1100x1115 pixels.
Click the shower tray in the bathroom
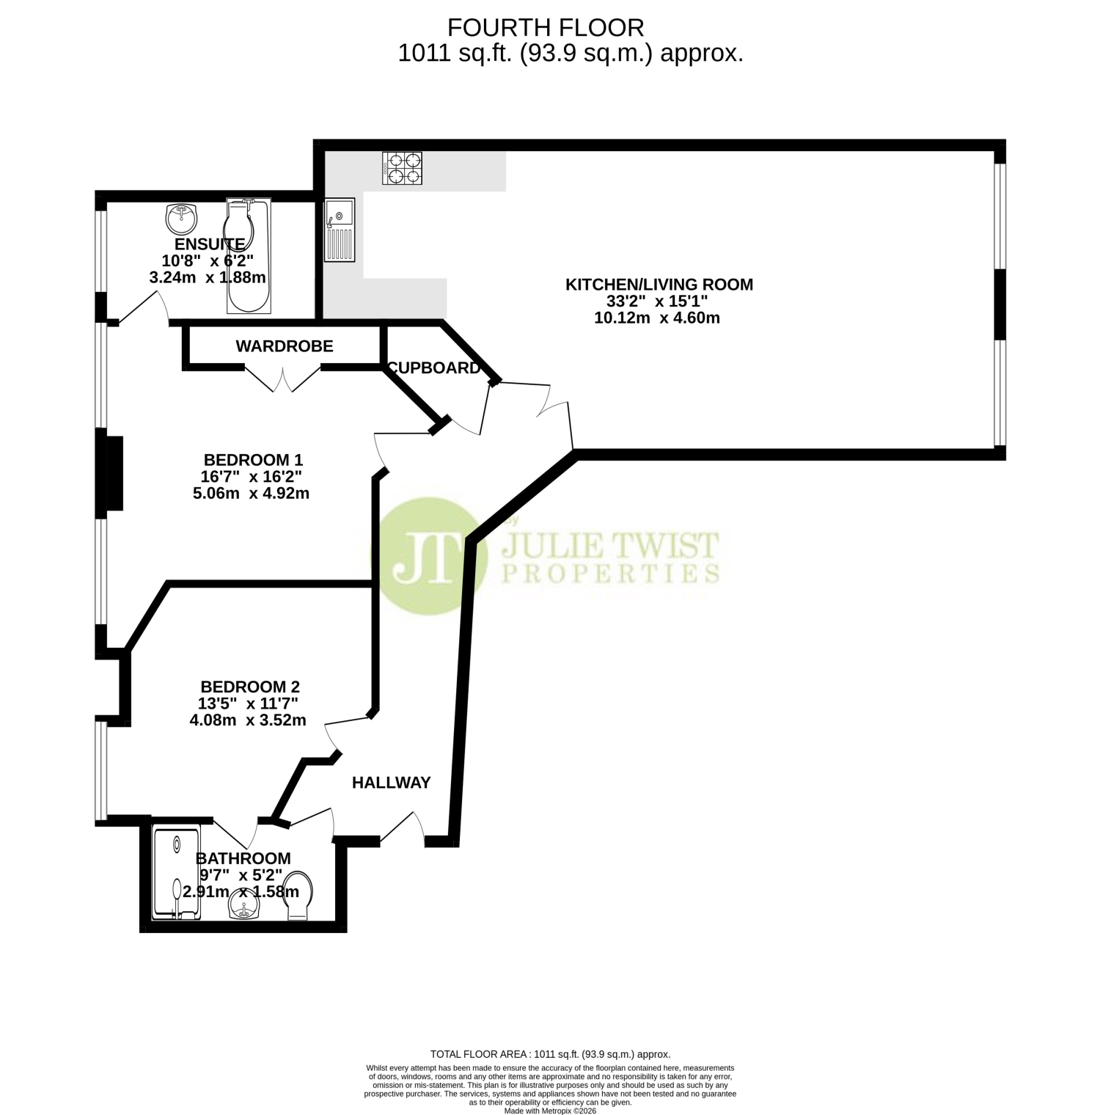pos(176,874)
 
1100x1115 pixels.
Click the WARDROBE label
pos(285,346)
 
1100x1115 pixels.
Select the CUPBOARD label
pos(434,368)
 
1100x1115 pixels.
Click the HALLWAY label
pos(392,783)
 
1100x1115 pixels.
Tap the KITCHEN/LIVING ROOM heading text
pos(659,285)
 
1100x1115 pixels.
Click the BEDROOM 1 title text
pos(253,460)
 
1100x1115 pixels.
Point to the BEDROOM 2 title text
pos(250,687)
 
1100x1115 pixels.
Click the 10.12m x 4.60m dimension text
pos(657,318)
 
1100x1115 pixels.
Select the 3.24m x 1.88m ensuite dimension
pos(208,278)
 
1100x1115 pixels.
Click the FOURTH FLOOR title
pos(546,28)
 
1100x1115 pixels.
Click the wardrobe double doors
pos(283,378)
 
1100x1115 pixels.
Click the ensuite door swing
pos(143,307)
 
